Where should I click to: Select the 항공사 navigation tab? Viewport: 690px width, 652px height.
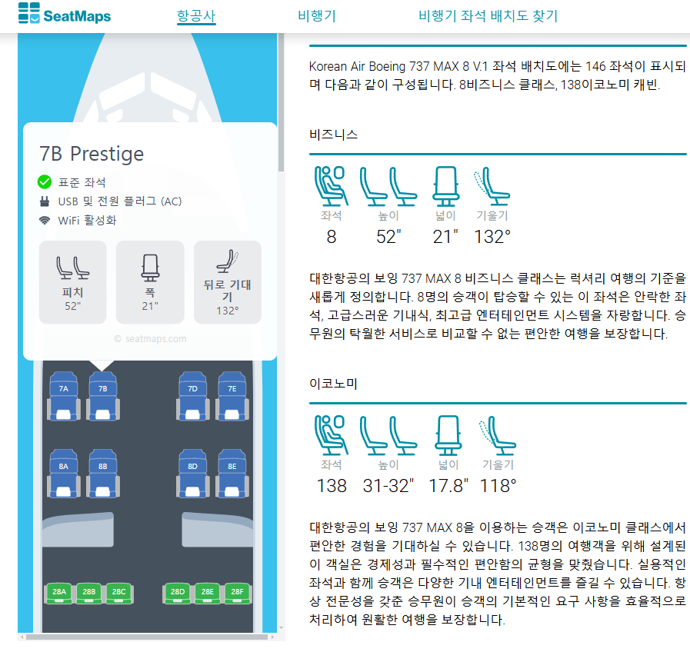pos(196,15)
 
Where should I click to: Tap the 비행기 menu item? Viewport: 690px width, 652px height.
pos(317,15)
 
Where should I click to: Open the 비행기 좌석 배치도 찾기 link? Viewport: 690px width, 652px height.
pos(488,15)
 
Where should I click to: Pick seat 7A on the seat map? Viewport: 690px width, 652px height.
pos(64,389)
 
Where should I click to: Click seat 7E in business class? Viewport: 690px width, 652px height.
pos(232,389)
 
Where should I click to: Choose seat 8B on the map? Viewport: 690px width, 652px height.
pos(103,466)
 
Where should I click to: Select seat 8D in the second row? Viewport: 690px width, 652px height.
pos(193,466)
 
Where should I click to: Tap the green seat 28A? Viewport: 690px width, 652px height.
pos(59,592)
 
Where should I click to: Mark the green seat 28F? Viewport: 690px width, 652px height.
pos(237,592)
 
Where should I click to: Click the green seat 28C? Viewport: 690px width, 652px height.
pos(118,592)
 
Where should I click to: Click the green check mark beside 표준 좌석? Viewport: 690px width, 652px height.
pos(45,182)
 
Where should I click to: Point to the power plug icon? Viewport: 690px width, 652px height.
pos(45,201)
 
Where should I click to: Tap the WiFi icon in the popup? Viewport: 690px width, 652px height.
pos(45,221)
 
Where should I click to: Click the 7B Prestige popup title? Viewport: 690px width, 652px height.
pos(92,154)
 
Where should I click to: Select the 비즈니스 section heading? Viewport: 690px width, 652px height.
pos(333,134)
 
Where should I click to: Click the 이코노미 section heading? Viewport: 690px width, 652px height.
pos(333,383)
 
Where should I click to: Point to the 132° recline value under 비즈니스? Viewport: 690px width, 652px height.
pos(493,237)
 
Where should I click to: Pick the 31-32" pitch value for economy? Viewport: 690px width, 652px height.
pos(388,486)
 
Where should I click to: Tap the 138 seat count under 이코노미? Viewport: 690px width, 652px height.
pos(332,486)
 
